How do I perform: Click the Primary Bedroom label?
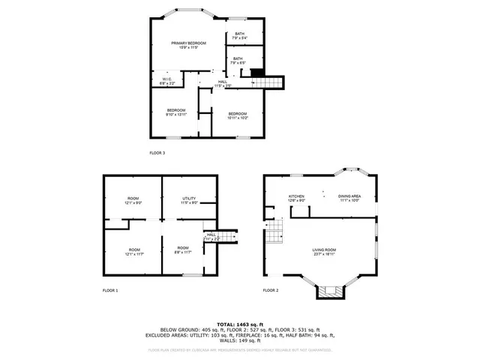[x=188, y=46]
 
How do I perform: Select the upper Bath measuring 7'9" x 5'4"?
[x=239, y=35]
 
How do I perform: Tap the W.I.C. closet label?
[x=167, y=81]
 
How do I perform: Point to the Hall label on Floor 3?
[x=223, y=84]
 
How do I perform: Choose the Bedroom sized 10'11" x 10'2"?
[x=237, y=115]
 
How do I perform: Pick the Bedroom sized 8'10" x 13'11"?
[x=176, y=112]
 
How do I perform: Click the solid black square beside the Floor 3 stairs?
[x=256, y=73]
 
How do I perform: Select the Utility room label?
[x=189, y=201]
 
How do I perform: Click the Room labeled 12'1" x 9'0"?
[x=133, y=201]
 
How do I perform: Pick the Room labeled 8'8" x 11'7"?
[x=183, y=250]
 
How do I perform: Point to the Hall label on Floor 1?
[x=211, y=236]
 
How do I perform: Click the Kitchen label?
[x=296, y=198]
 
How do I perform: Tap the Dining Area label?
[x=349, y=198]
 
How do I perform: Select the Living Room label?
[x=324, y=251]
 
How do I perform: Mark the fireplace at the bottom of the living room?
[x=328, y=290]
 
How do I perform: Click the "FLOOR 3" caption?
[x=157, y=153]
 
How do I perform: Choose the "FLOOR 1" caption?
[x=110, y=290]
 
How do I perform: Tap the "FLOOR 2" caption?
[x=270, y=290]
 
